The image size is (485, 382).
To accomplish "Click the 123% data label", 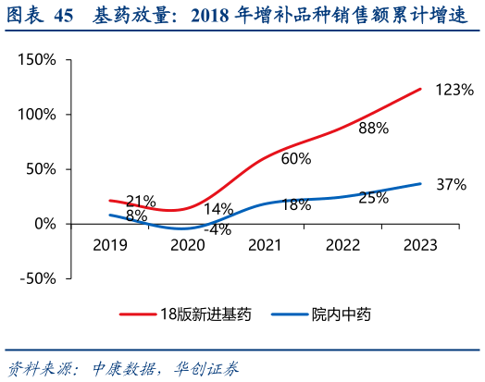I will click(x=454, y=91).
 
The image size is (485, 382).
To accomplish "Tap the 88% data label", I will click(x=373, y=129).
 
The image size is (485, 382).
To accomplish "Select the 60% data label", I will click(x=295, y=158).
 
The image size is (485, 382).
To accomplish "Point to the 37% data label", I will click(x=451, y=185).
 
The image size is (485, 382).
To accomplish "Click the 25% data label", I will click(x=373, y=198).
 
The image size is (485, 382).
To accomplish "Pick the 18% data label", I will click(x=295, y=205).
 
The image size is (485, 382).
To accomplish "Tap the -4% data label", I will click(x=218, y=229).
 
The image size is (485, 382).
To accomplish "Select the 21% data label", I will click(x=141, y=202).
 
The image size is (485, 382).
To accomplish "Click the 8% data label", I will click(x=136, y=216).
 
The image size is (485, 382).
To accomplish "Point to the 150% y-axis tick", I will click(x=37, y=60).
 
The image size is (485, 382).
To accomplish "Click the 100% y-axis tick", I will click(x=37, y=115).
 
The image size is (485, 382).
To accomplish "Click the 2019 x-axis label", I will click(x=110, y=245).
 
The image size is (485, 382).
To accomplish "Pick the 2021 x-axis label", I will click(x=265, y=245).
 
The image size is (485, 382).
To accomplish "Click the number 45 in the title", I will click(x=64, y=15).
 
